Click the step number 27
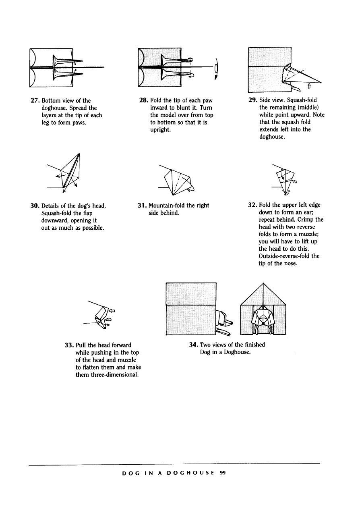[x=35, y=100]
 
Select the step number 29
[x=253, y=100]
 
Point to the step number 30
[x=35, y=206]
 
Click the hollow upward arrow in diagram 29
[x=308, y=85]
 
